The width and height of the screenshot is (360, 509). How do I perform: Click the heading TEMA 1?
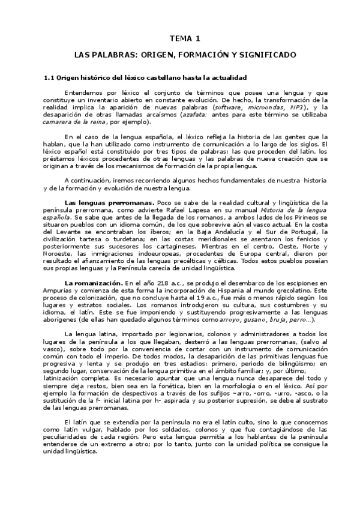(x=184, y=38)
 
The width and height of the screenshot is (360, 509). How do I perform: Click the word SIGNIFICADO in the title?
(x=264, y=55)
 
